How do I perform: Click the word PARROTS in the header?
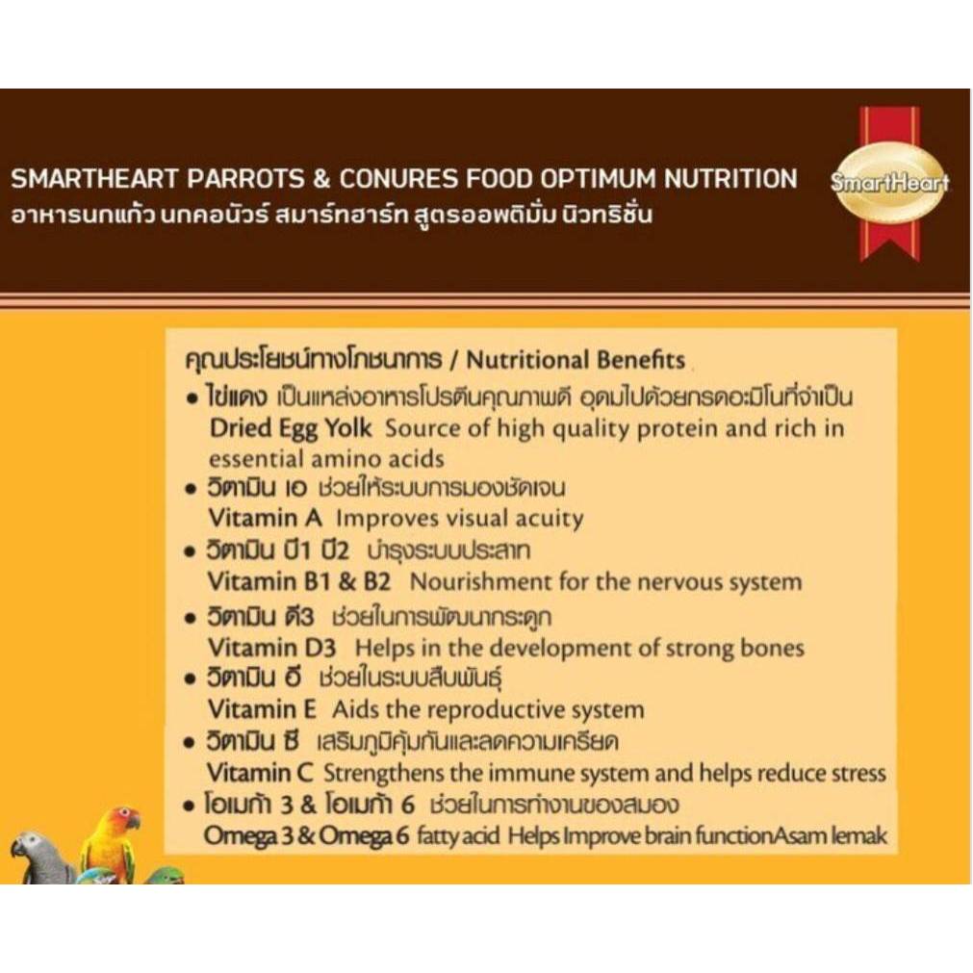click(244, 179)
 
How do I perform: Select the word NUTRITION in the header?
click(730, 179)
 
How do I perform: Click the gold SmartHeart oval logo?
click(890, 183)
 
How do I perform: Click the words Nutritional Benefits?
click(576, 360)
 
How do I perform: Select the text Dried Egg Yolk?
click(291, 429)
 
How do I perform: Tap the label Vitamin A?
click(265, 518)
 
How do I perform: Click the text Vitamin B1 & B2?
click(299, 582)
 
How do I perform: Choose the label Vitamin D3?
click(271, 648)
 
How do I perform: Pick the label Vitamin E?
click(262, 709)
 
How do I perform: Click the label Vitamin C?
click(260, 773)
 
